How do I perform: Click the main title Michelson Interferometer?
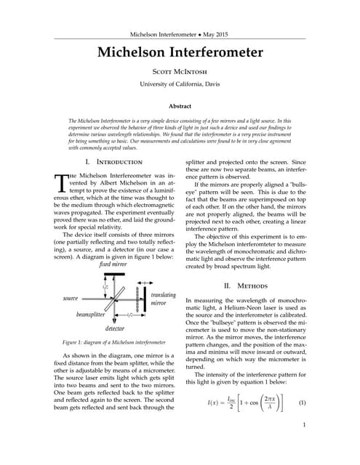(x=180, y=54)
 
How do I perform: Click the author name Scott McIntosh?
(x=180, y=74)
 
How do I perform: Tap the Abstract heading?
(x=180, y=106)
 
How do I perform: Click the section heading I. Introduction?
(x=113, y=161)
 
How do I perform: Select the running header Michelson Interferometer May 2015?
(x=180, y=35)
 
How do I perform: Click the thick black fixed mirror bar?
(x=105, y=272)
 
